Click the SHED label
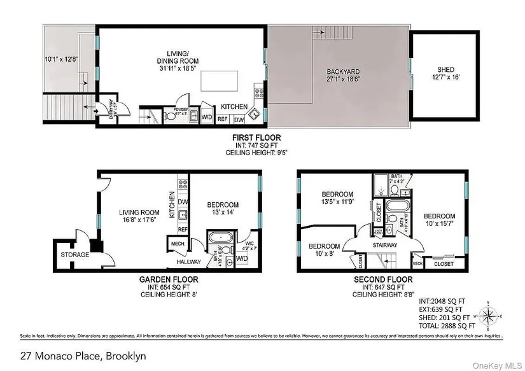pyautogui.click(x=445, y=70)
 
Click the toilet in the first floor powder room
pyautogui.click(x=169, y=116)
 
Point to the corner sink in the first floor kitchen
pyautogui.click(x=253, y=115)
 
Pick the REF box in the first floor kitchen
pyautogui.click(x=223, y=119)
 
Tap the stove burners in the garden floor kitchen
pyautogui.click(x=183, y=185)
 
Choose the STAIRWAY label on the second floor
pyautogui.click(x=385, y=245)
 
